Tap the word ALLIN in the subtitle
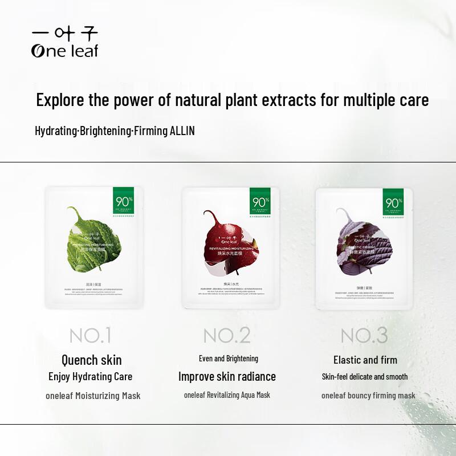pos(182,131)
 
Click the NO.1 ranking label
pos(91,335)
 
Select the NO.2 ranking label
pos(227,335)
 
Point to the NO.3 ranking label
pos(364,335)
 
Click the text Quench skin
pos(91,360)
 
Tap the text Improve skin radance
pos(227,376)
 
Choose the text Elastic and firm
pos(365,360)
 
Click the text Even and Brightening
pos(228,359)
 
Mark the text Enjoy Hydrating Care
pos(91,376)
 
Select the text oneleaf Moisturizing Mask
pos(93,396)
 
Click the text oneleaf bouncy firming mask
pos(368,396)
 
